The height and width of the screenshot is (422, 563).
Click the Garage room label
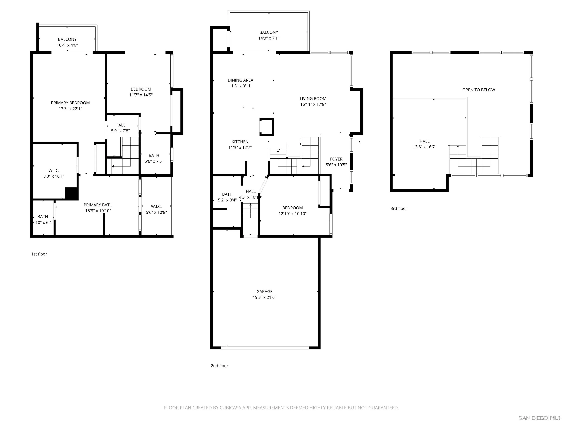point(264,292)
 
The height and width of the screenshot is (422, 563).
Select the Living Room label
point(313,98)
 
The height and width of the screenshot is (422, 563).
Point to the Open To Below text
point(479,90)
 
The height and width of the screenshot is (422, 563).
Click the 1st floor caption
point(39,254)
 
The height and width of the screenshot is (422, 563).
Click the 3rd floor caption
point(399,208)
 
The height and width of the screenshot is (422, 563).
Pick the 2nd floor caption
point(219,366)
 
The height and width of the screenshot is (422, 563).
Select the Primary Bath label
point(98,205)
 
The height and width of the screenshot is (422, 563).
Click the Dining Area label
point(240,80)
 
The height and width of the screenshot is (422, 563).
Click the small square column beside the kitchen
point(267,127)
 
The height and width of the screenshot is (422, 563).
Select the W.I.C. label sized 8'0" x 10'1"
point(54,170)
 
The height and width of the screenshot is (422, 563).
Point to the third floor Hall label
point(424,141)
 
